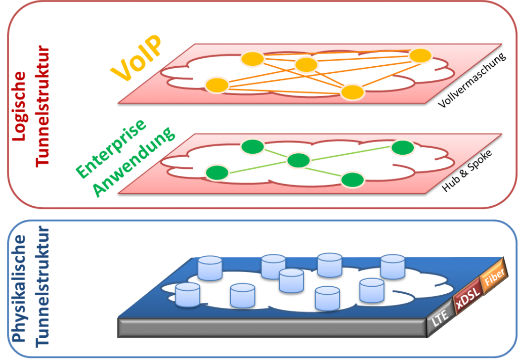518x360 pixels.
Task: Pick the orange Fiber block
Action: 491,281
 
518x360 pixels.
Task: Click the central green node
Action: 298,160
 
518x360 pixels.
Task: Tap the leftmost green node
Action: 217,172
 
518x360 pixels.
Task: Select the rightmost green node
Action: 403,147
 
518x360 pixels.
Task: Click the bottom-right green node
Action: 353,179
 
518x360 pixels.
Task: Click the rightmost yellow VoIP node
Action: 420,56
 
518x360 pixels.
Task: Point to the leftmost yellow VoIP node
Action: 217,85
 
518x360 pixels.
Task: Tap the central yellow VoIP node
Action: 306,65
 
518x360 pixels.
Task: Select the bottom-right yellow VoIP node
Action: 353,92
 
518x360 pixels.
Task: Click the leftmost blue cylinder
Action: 188,294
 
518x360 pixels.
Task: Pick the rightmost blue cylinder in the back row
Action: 393,266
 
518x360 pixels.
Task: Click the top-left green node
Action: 252,147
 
